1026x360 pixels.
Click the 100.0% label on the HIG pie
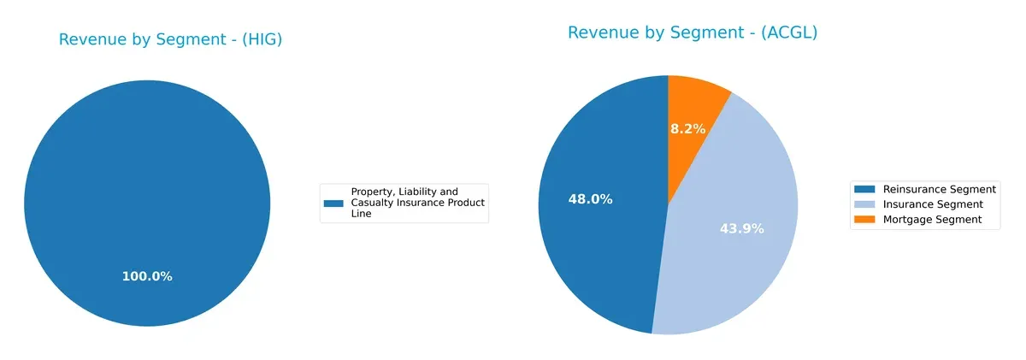pyautogui.click(x=146, y=277)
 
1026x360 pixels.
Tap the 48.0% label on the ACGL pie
pyautogui.click(x=590, y=199)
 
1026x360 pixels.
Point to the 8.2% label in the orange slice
pyautogui.click(x=687, y=129)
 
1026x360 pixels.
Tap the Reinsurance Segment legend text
pyautogui.click(x=940, y=189)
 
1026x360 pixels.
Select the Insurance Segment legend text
pyautogui.click(x=933, y=204)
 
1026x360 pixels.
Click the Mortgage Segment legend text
pyautogui.click(x=932, y=220)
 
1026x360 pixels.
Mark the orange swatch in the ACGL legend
pyautogui.click(x=866, y=220)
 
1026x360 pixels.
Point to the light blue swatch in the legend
pyautogui.click(x=866, y=204)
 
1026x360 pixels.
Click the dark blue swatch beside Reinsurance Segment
pyautogui.click(x=866, y=189)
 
